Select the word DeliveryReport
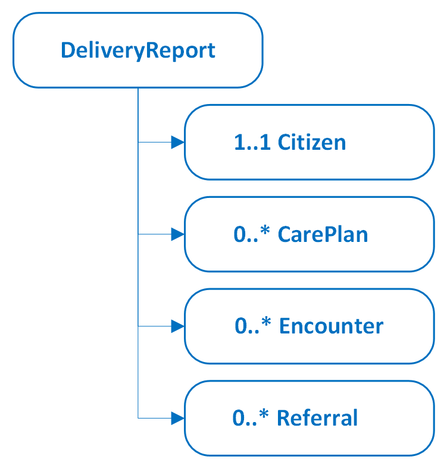click(x=137, y=51)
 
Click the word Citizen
click(x=312, y=143)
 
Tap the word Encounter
click(x=331, y=326)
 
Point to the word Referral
click(x=318, y=418)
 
